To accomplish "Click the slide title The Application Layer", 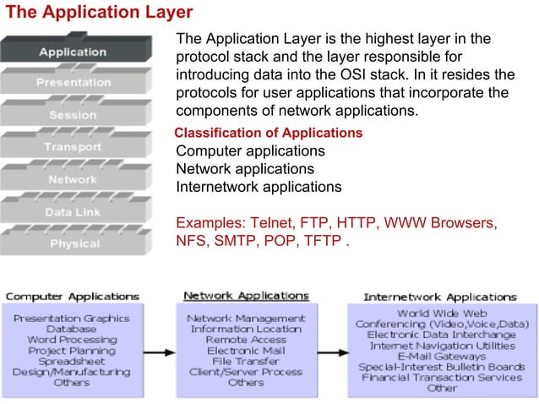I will click(x=100, y=13).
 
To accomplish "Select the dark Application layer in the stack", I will click(x=73, y=52).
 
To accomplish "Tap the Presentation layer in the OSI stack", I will click(x=73, y=83).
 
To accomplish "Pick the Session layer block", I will click(x=73, y=115).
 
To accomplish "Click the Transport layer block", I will click(x=73, y=147).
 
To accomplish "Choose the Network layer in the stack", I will click(x=73, y=179).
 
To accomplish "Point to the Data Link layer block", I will click(x=73, y=211).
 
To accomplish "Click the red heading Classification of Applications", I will click(x=268, y=134).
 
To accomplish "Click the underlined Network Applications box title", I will click(x=246, y=296).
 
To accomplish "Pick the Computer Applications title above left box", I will click(x=73, y=297).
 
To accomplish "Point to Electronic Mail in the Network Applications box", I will click(x=246, y=350).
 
